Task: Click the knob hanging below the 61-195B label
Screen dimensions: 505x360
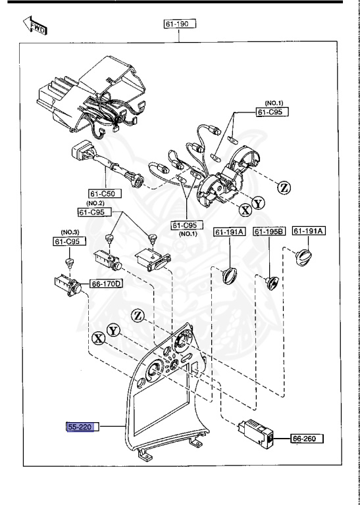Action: coord(272,282)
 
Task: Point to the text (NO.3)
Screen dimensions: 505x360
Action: coord(70,232)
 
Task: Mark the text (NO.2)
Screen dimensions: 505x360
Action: coord(88,203)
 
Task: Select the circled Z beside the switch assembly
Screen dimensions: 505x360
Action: coord(284,187)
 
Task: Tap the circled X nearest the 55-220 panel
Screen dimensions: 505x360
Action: coord(99,338)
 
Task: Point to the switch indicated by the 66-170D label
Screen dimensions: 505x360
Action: coord(66,285)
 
